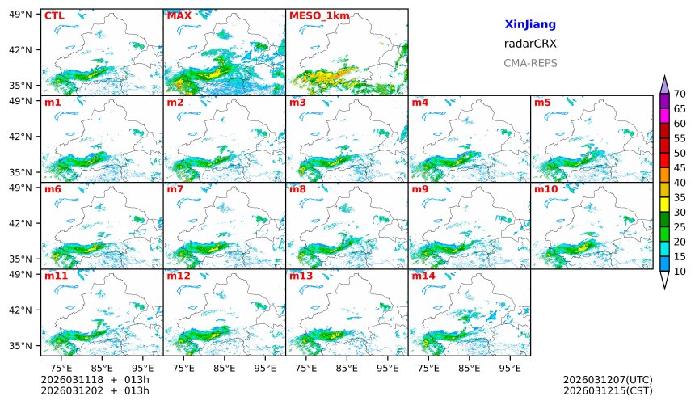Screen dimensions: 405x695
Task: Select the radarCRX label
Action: [x=529, y=44]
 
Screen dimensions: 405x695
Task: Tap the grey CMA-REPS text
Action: [x=529, y=63]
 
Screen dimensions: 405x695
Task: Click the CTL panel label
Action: [x=54, y=15]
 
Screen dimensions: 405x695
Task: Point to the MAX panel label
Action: [x=179, y=15]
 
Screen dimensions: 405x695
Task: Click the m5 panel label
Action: [x=542, y=103]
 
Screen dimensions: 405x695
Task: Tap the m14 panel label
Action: [x=423, y=276]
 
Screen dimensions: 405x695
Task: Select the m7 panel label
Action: [x=175, y=189]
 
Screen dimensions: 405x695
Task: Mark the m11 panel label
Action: [x=56, y=276]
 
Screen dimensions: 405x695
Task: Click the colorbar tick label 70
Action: [x=680, y=95]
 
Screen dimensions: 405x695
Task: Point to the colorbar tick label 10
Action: [x=680, y=272]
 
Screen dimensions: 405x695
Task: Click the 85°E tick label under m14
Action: [x=468, y=368]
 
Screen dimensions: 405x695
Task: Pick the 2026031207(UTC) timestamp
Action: [x=607, y=380]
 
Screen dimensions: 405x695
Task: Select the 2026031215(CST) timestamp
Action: [x=607, y=391]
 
